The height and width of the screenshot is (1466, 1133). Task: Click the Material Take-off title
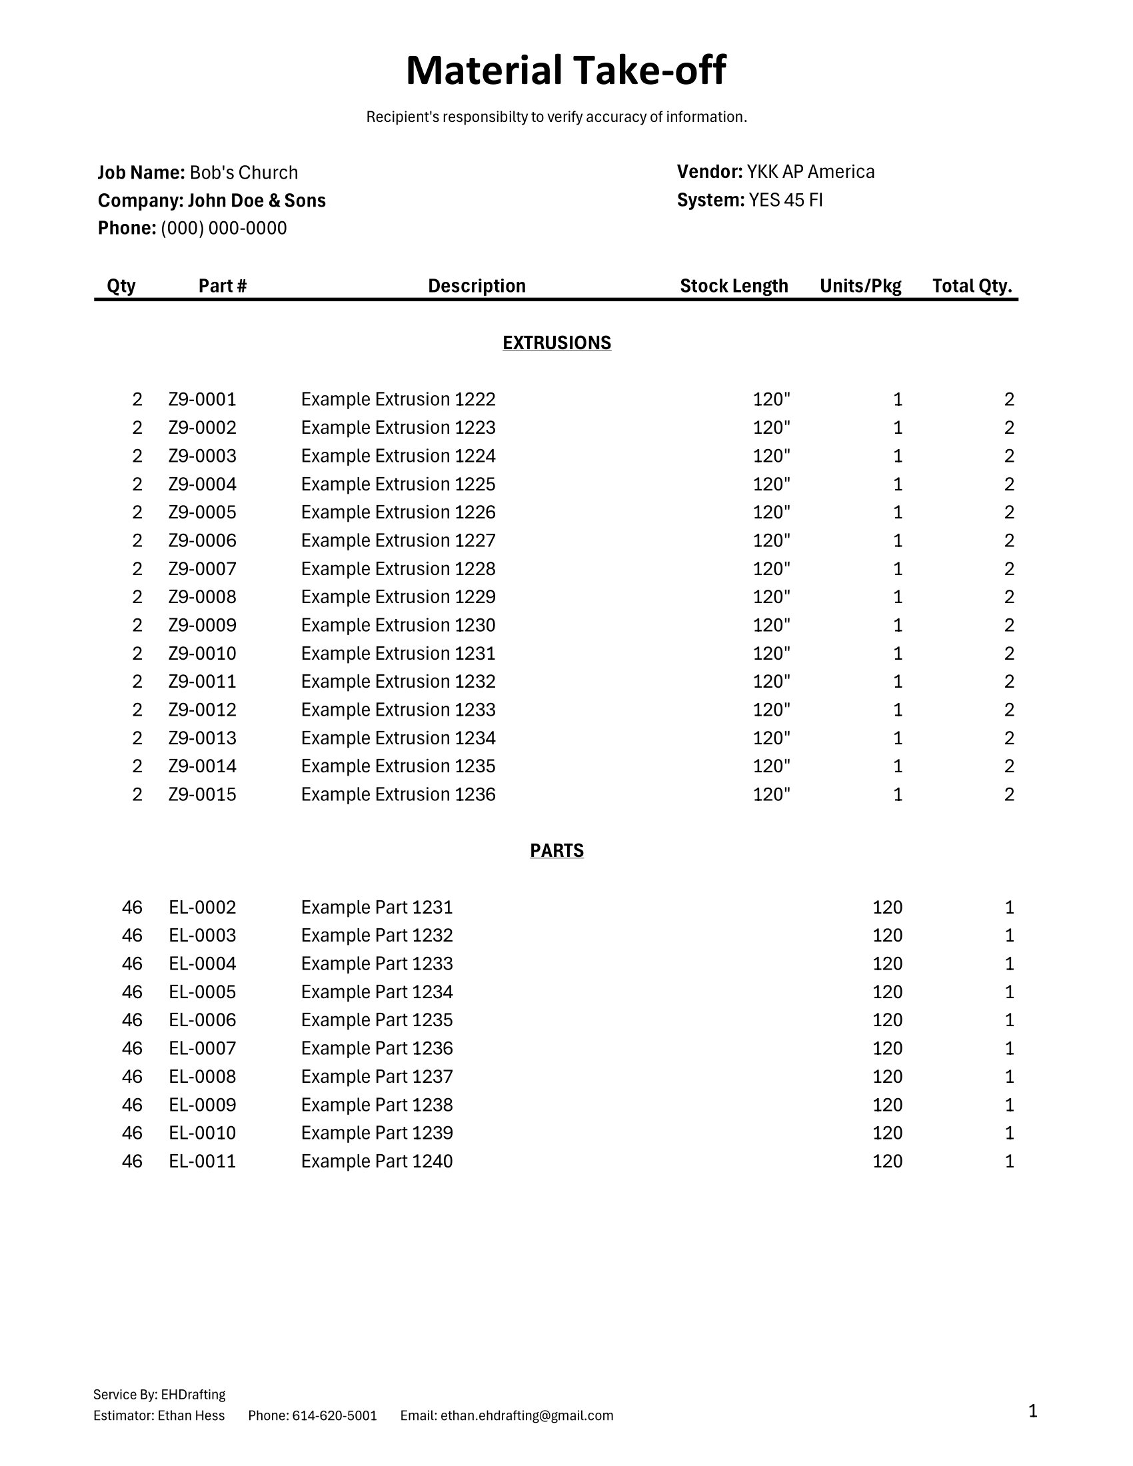pos(566,71)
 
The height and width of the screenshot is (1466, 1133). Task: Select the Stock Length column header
pos(734,286)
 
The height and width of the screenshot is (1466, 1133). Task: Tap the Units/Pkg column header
pos(860,286)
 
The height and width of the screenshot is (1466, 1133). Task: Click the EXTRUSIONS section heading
pos(557,343)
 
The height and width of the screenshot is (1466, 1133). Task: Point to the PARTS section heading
pos(557,850)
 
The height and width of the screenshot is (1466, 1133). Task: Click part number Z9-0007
pos(202,568)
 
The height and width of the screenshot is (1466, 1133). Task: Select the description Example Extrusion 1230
pos(398,625)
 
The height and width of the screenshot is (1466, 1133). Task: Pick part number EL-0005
pos(202,992)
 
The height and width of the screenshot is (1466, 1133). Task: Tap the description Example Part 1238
pos(377,1104)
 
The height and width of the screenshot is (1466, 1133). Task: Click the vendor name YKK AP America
pos(810,172)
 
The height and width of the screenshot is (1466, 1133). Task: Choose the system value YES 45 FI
pos(785,200)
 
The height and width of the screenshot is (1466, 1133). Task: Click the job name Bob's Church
pos(244,173)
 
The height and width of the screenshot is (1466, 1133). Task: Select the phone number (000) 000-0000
pos(223,228)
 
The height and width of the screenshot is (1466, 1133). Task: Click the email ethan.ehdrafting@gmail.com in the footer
pos(527,1415)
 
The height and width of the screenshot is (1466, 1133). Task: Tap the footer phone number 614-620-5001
pos(335,1415)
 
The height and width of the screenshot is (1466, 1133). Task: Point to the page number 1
pos(1032,1411)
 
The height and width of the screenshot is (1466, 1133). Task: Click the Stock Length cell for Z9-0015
pos(771,794)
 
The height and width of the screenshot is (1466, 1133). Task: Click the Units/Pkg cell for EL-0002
pos(886,907)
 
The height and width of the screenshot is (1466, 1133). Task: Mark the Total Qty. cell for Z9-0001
pos(1009,399)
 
